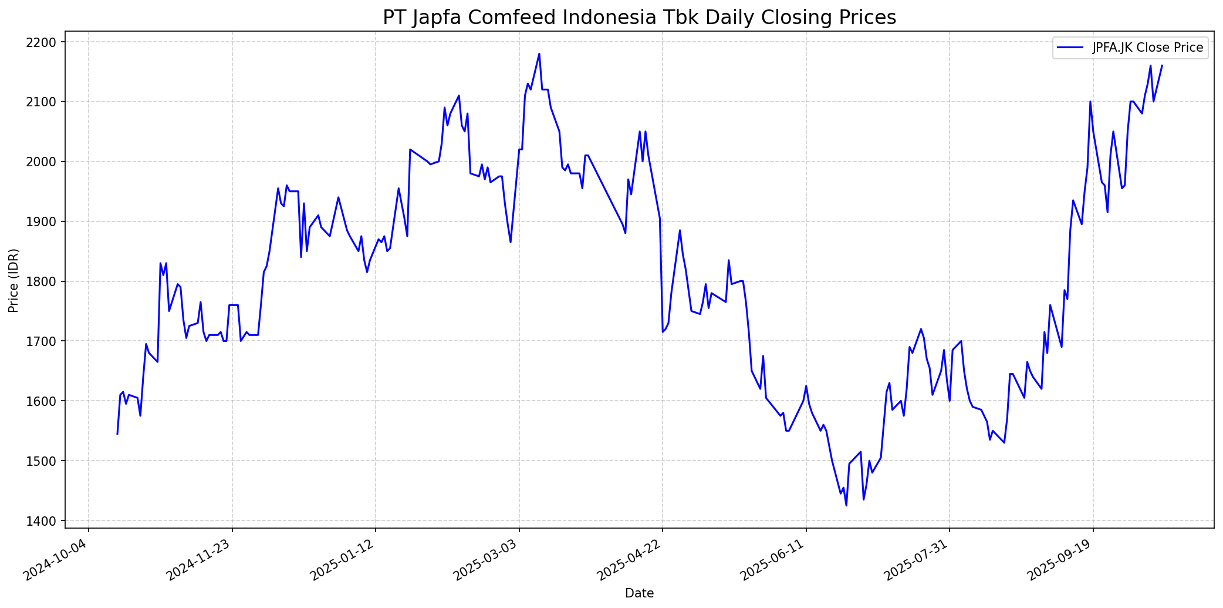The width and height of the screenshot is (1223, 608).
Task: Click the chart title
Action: coord(639,18)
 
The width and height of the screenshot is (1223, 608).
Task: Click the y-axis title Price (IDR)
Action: coord(14,280)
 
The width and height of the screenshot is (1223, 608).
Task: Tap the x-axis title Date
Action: coord(639,593)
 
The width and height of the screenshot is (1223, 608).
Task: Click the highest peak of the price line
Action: coord(539,54)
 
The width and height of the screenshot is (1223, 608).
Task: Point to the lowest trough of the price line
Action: coord(846,505)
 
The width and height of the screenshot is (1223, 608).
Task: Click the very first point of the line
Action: coord(117,434)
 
